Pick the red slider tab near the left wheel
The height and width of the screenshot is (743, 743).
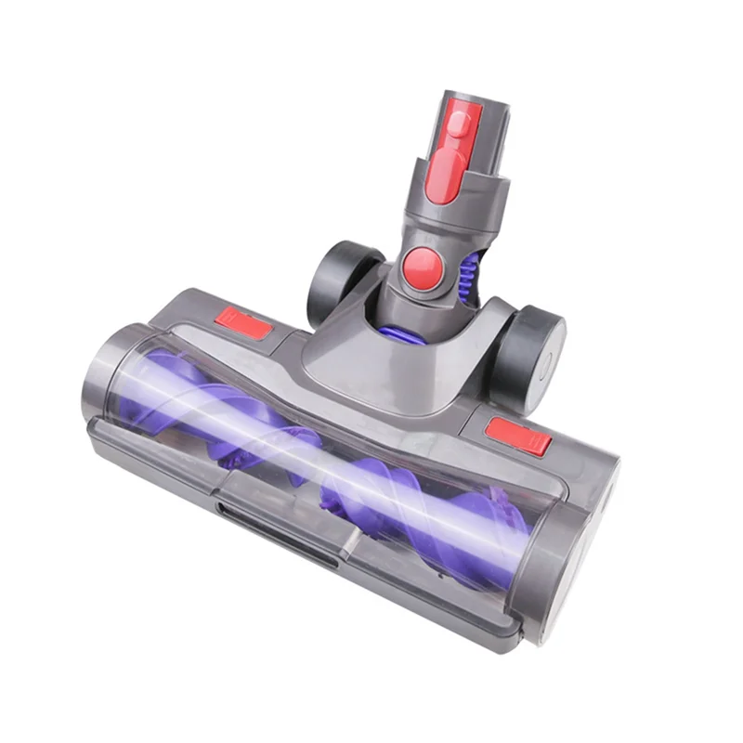[243, 324]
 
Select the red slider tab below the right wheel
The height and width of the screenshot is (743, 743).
[518, 436]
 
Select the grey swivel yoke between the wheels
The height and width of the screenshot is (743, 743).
[390, 362]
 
